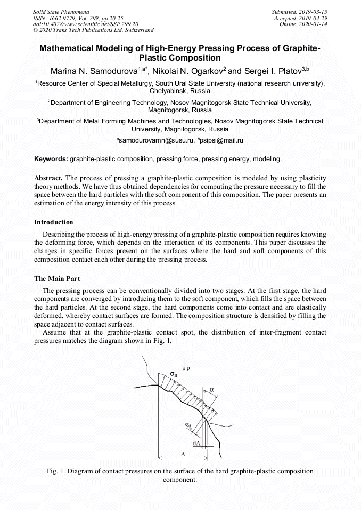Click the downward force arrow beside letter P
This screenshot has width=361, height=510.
coord(184,366)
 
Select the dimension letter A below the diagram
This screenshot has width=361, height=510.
coord(182,454)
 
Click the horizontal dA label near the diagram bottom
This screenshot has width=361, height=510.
coord(196,442)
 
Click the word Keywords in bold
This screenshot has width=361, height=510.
coord(51,159)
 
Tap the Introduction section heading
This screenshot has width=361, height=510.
coord(54,222)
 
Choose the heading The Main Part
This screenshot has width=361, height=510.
coord(57,278)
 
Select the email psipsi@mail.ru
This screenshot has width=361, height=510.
coord(221,140)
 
